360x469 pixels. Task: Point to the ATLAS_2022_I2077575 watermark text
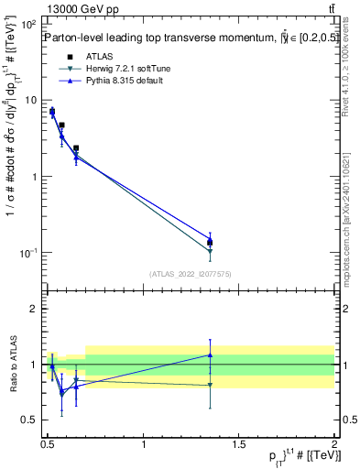click(191, 274)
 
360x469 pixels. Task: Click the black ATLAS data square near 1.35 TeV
click(210, 243)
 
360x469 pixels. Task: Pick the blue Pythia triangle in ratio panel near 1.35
click(210, 354)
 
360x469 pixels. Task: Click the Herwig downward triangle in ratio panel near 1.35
click(210, 385)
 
